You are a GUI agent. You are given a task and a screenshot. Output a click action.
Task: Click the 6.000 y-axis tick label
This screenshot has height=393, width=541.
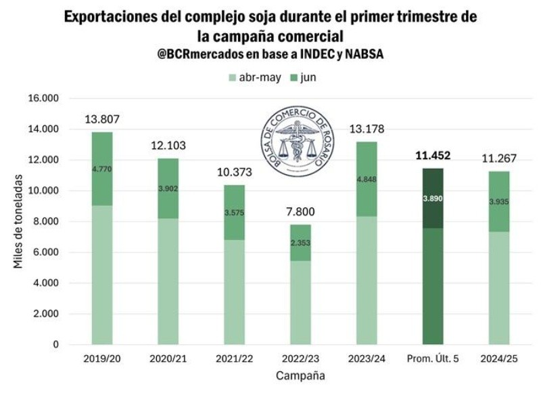click(45, 252)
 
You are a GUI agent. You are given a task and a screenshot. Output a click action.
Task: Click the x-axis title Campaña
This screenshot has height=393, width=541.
click(300, 375)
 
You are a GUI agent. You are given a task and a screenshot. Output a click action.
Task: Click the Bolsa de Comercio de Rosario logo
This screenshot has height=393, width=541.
click(300, 145)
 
